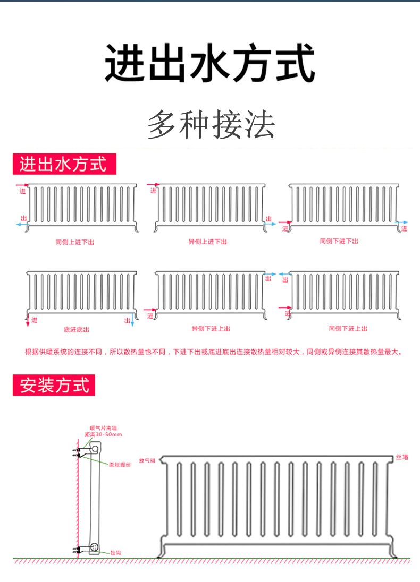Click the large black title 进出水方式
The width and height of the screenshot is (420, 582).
(x=210, y=64)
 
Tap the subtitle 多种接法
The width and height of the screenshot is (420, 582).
(x=211, y=125)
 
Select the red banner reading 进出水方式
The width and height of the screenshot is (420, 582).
(x=64, y=164)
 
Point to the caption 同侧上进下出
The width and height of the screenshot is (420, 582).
(x=75, y=242)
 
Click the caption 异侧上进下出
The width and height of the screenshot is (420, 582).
(x=208, y=242)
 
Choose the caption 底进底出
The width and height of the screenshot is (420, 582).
(x=77, y=330)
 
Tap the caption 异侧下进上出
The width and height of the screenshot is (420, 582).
(x=211, y=329)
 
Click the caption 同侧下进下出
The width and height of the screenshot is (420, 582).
(x=339, y=241)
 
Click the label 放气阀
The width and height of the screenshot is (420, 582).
(x=147, y=460)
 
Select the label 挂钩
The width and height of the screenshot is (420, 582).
(x=116, y=553)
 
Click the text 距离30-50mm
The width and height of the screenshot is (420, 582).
(x=103, y=434)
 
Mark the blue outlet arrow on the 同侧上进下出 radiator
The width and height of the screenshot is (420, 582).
(x=22, y=225)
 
